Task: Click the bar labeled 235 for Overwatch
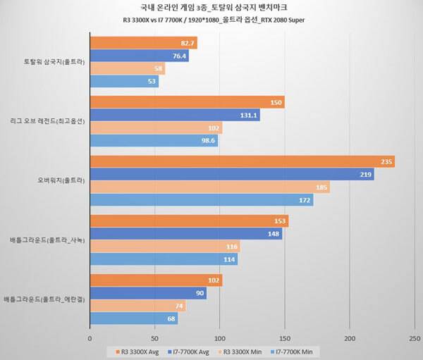click(241, 161)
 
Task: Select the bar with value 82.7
click(143, 43)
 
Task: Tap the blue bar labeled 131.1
click(174, 116)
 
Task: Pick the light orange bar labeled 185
click(209, 188)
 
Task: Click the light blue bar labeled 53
click(123, 82)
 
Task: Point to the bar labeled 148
click(185, 234)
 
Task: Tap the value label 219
click(365, 175)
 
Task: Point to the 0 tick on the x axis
click(90, 338)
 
